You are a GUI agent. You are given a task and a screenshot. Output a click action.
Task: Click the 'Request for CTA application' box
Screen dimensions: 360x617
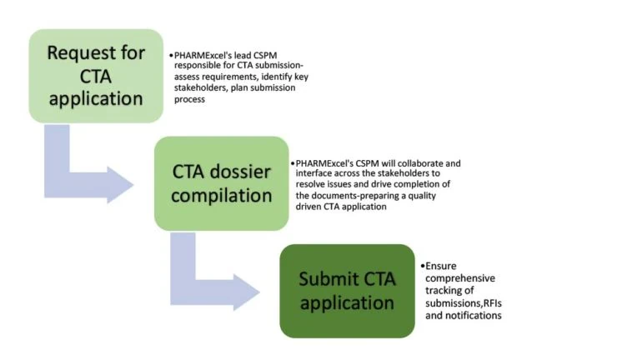(95, 77)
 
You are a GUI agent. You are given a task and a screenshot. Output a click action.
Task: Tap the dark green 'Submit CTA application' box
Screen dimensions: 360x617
(347, 290)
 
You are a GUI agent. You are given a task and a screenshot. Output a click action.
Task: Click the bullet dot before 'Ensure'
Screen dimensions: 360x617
(423, 265)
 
